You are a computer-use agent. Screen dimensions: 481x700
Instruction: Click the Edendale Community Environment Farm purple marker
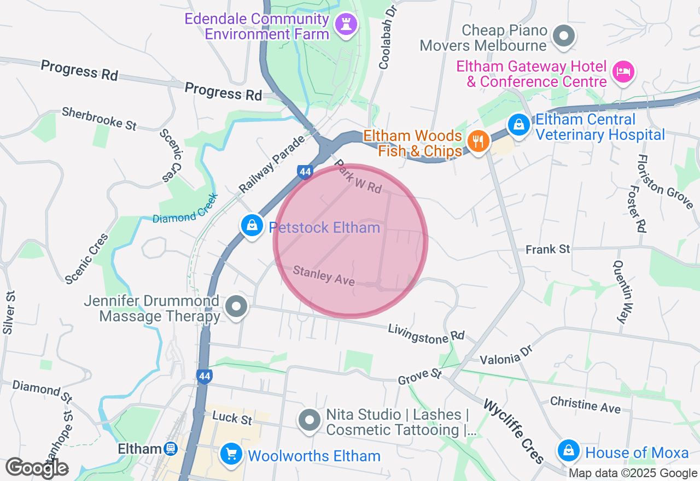click(346, 24)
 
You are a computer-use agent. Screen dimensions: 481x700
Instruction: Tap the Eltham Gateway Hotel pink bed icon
click(623, 72)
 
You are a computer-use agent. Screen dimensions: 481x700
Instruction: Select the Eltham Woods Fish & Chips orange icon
click(478, 141)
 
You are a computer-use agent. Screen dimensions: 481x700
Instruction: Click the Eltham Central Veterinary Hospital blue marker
click(518, 125)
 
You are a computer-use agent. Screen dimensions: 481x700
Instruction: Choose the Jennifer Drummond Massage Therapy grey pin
click(236, 306)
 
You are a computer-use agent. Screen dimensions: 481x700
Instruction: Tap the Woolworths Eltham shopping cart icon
click(231, 454)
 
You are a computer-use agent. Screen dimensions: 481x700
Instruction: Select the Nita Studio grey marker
click(310, 420)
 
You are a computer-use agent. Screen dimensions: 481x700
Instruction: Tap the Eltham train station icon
click(171, 449)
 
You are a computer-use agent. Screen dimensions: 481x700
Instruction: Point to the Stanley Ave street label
click(324, 275)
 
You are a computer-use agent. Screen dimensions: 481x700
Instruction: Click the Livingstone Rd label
click(426, 333)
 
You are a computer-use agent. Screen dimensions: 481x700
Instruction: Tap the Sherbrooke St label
click(99, 118)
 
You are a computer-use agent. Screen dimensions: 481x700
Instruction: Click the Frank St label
click(547, 249)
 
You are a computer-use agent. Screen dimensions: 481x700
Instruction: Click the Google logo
click(37, 468)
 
